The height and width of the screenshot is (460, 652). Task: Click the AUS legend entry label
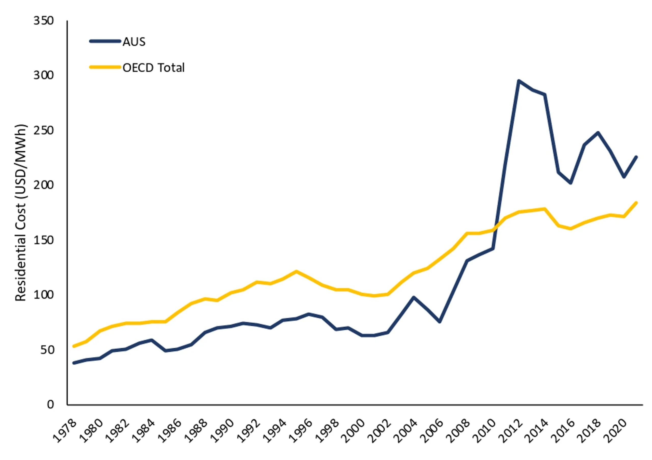pyautogui.click(x=134, y=42)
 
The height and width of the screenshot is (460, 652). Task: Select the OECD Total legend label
pyautogui.click(x=154, y=68)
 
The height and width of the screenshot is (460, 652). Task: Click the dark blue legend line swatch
pyautogui.click(x=105, y=41)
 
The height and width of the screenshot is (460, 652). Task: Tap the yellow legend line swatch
pyautogui.click(x=105, y=67)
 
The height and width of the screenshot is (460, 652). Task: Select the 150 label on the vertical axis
pyautogui.click(x=44, y=240)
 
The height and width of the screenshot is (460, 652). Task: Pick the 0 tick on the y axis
pyautogui.click(x=50, y=404)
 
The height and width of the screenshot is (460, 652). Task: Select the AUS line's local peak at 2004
pyautogui.click(x=413, y=297)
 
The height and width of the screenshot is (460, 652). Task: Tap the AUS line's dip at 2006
pyautogui.click(x=440, y=322)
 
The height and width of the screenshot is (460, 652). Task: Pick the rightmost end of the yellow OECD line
pyautogui.click(x=636, y=203)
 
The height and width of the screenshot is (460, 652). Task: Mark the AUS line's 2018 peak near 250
pyautogui.click(x=598, y=133)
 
